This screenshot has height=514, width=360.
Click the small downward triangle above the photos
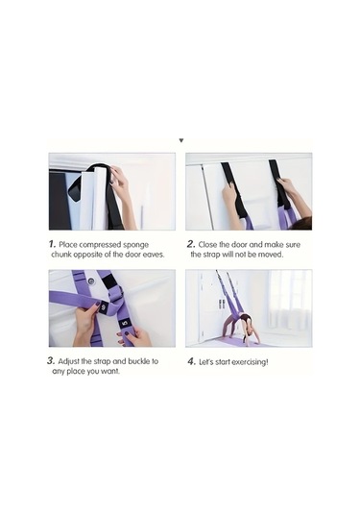pyautogui.click(x=181, y=140)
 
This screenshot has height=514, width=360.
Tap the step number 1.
pyautogui.click(x=52, y=244)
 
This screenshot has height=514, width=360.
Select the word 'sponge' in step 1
pyautogui.click(x=135, y=245)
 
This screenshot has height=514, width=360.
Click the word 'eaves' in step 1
pyautogui.click(x=154, y=255)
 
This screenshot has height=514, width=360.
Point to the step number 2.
pyautogui.click(x=191, y=244)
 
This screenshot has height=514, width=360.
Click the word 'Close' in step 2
pyautogui.click(x=207, y=245)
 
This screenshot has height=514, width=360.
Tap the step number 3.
pyautogui.click(x=51, y=361)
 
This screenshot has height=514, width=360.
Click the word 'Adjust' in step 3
pyautogui.click(x=69, y=361)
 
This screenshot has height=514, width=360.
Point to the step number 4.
pyautogui.click(x=192, y=361)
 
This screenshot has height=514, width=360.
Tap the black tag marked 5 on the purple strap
pyautogui.click(x=124, y=324)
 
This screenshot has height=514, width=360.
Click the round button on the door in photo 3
pyautogui.click(x=91, y=281)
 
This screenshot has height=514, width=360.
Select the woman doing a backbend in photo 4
pyautogui.click(x=242, y=328)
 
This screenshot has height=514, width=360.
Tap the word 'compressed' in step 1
pyautogui.click(x=100, y=245)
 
